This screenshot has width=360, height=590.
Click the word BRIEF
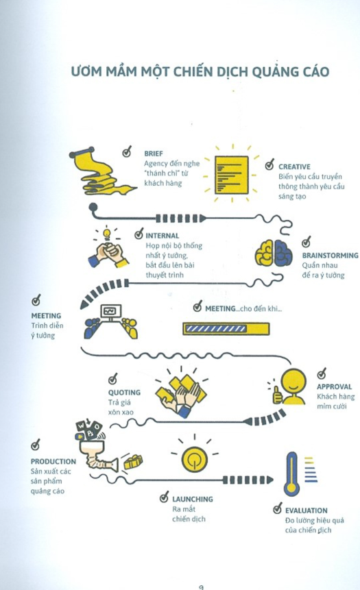[x=154, y=153]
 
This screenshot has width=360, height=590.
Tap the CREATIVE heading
[x=294, y=167]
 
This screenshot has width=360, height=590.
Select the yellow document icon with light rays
[x=232, y=175]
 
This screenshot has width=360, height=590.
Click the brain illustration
[x=274, y=252]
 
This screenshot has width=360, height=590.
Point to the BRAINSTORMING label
[x=330, y=255]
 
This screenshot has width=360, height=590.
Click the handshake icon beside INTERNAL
[x=108, y=254]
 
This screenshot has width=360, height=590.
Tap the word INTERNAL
[x=163, y=236]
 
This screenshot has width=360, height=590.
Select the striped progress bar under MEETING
[x=226, y=328]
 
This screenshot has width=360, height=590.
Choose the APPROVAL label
[x=335, y=386]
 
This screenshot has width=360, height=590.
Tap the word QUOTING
[x=124, y=392]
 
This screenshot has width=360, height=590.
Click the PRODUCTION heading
[x=53, y=461]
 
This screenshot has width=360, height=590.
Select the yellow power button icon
[x=194, y=459]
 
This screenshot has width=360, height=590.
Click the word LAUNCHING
[x=193, y=499]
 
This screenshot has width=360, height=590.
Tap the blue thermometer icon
[x=291, y=474]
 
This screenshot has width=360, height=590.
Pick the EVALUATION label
[x=306, y=511]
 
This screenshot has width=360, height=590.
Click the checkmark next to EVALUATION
[x=278, y=508]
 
